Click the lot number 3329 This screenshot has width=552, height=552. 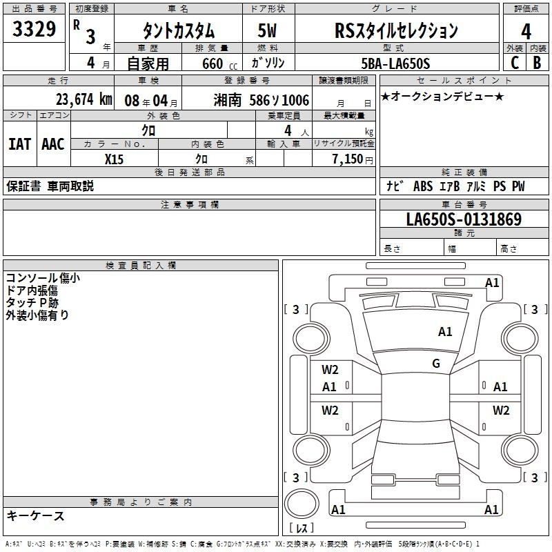pyautogui.click(x=34, y=29)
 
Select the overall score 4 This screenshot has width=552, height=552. pyautogui.click(x=526, y=32)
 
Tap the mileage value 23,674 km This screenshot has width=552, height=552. pyautogui.click(x=83, y=99)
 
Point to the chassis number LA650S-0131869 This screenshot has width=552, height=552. pyautogui.click(x=464, y=219)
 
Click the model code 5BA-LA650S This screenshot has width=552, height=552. pyautogui.click(x=395, y=63)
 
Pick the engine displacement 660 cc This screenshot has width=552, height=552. pyautogui.click(x=219, y=64)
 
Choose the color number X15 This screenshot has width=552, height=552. pyautogui.click(x=114, y=159)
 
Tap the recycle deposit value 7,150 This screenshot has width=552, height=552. pyautogui.click(x=348, y=159)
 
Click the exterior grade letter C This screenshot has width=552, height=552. pyautogui.click(x=515, y=63)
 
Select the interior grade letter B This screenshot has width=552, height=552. pyautogui.click(x=537, y=63)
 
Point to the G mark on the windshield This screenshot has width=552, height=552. pyautogui.click(x=436, y=363)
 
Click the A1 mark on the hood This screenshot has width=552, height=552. pyautogui.click(x=445, y=331)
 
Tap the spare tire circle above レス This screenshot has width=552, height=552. pyautogui.click(x=302, y=504)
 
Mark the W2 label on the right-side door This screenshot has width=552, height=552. pyautogui.click(x=501, y=410)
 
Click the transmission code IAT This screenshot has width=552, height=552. pyautogui.click(x=20, y=144)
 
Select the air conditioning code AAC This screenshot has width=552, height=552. pyautogui.click(x=53, y=144)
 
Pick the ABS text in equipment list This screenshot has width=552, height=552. pyautogui.click(x=423, y=186)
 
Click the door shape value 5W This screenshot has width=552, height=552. pyautogui.click(x=267, y=30)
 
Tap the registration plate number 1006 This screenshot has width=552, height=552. pyautogui.click(x=295, y=100)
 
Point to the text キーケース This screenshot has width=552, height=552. pyautogui.click(x=35, y=515)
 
